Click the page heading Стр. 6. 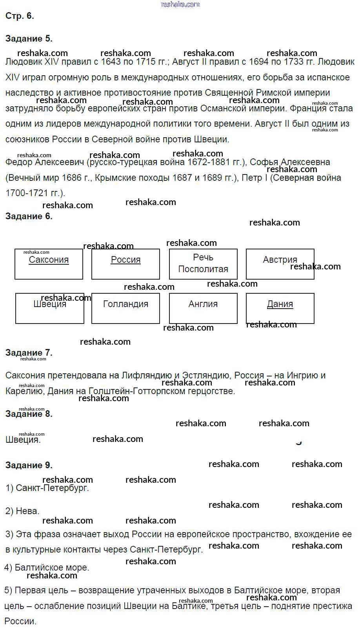(20, 16)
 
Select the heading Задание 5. (29, 38)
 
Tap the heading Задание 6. (29, 216)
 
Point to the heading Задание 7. (29, 353)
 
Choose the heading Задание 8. (29, 414)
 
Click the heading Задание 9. (29, 465)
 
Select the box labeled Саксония (49, 264)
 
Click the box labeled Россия (125, 264)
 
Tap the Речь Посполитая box (203, 264)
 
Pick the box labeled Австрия (280, 264)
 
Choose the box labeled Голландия (125, 308)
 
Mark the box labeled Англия (203, 308)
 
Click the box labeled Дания (280, 308)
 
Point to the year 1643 (112, 62)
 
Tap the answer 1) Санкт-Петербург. (47, 488)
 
